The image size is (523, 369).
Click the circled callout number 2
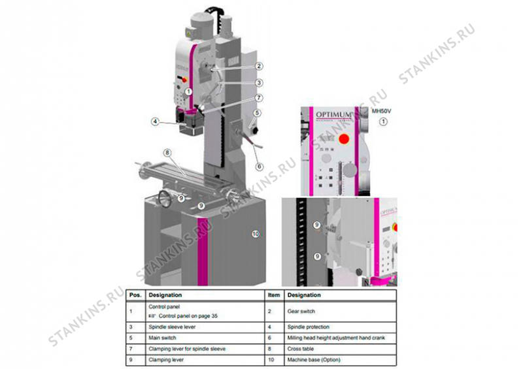coord(260,66)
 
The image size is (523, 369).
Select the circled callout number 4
coord(155,121)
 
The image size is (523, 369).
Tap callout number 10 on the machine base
coord(256,233)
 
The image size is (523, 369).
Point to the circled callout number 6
coord(260,167)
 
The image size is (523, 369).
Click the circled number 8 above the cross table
coord(167,153)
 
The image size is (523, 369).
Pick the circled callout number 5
coord(258,112)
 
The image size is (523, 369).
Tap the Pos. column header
coord(135,295)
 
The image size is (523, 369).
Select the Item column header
coord(273,295)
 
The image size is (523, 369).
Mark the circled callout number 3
coord(260,83)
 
